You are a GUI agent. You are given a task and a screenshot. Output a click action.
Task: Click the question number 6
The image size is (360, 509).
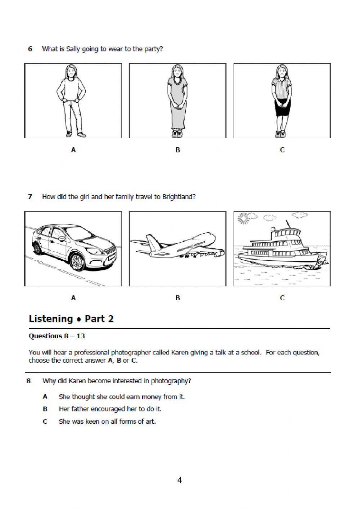pos(31,49)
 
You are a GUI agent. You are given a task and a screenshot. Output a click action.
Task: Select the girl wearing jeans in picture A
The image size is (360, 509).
pos(73,101)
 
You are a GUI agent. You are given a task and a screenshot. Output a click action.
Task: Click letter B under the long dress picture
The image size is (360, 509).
pos(177,150)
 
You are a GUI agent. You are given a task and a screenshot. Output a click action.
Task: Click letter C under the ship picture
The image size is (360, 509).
pos(282,298)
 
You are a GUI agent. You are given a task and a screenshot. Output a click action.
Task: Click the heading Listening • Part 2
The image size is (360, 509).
pos(71,319)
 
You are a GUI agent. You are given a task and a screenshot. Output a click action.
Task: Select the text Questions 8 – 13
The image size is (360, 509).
pos(57,336)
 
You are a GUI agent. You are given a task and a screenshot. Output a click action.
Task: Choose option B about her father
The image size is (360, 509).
pos(110,409)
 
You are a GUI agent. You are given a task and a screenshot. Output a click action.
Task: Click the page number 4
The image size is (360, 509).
pos(180,480)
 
